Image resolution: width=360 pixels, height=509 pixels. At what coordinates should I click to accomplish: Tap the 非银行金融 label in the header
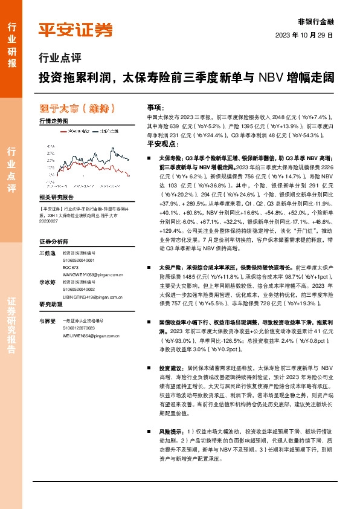[x=315, y=19]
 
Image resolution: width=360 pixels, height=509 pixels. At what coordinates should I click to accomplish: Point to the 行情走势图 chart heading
[x=53, y=122]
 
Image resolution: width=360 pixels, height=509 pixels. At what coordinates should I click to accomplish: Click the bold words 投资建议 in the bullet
[x=170, y=368]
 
